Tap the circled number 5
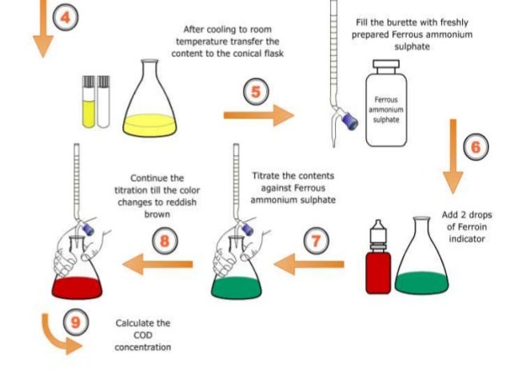255,92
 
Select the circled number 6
476,147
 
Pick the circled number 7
316,237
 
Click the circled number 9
75,323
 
